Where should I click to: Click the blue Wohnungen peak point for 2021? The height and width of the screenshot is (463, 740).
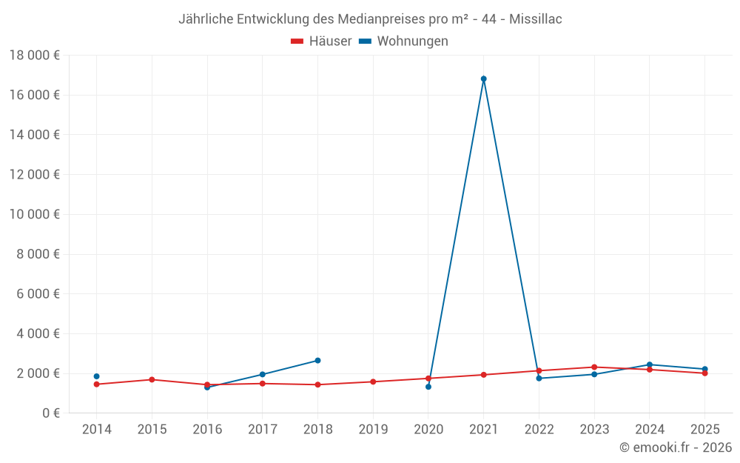click(x=483, y=79)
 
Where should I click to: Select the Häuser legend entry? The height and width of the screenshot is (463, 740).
click(x=321, y=41)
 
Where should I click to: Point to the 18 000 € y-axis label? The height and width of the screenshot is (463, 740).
click(x=35, y=55)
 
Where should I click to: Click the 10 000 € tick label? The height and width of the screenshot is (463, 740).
click(x=35, y=214)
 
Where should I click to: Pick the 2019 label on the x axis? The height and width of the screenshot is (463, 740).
click(x=373, y=430)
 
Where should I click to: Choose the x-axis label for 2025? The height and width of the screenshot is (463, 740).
click(x=704, y=430)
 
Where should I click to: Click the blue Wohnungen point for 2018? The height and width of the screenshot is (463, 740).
click(x=317, y=361)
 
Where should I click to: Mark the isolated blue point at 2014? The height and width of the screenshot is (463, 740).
click(x=96, y=376)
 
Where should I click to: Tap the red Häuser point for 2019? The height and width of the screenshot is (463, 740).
click(x=373, y=382)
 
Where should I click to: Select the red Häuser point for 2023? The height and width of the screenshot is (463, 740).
click(x=594, y=367)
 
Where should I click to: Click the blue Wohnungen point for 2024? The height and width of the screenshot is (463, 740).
click(x=649, y=364)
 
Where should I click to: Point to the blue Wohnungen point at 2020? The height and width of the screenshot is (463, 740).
click(x=428, y=387)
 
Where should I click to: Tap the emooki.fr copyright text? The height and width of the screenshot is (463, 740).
click(x=676, y=447)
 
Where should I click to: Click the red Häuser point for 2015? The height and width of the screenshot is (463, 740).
click(x=152, y=379)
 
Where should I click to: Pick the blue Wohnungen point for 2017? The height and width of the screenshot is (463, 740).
click(x=262, y=374)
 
